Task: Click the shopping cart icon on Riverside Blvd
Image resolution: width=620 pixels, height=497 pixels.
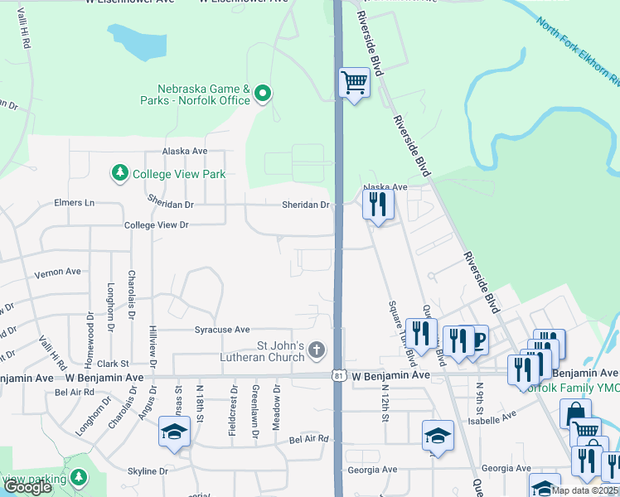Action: pyautogui.click(x=354, y=83)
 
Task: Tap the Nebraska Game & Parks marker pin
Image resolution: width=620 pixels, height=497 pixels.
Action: pyautogui.click(x=263, y=94)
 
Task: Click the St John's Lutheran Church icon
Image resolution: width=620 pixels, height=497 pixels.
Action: pyautogui.click(x=316, y=351)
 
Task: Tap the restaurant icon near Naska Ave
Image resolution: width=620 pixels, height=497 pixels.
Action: pyautogui.click(x=378, y=203)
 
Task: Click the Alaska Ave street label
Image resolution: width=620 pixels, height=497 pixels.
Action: pyautogui.click(x=184, y=152)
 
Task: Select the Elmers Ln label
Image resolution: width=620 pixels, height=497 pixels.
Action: pyautogui.click(x=74, y=202)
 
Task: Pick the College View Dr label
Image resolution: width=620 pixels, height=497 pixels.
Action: pyautogui.click(x=156, y=225)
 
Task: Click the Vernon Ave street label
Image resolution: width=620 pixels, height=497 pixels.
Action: pyautogui.click(x=57, y=271)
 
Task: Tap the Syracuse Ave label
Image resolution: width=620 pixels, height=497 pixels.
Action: pyautogui.click(x=221, y=329)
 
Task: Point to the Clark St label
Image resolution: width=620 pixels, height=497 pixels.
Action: pyautogui.click(x=113, y=363)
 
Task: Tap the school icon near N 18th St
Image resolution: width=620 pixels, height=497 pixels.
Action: pyautogui.click(x=175, y=433)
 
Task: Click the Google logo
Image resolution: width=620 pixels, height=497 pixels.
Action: pyautogui.click(x=27, y=487)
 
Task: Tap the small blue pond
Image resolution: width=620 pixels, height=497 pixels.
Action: pyautogui.click(x=137, y=41)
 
